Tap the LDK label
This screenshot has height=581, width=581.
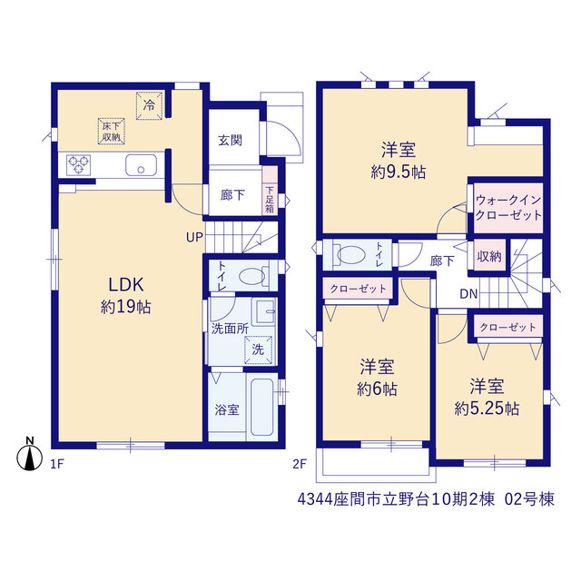pyautogui.click(x=126, y=285)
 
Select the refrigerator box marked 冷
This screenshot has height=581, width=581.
pyautogui.click(x=149, y=106)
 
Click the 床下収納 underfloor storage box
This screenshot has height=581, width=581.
pyautogui.click(x=111, y=131)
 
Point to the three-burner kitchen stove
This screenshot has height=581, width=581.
pyautogui.click(x=79, y=165)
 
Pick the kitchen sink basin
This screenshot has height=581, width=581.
pyautogui.click(x=141, y=165)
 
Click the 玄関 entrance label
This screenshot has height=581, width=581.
pyautogui.click(x=230, y=141)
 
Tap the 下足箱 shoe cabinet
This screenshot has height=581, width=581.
pyautogui.click(x=270, y=194)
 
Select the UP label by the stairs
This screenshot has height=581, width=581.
pyautogui.click(x=194, y=237)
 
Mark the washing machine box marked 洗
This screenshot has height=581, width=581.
pyautogui.click(x=258, y=350)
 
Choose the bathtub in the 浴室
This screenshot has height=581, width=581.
pyautogui.click(x=262, y=407)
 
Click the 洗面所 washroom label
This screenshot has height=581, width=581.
pyautogui.click(x=230, y=329)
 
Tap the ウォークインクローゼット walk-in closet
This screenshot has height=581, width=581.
pyautogui.click(x=508, y=208)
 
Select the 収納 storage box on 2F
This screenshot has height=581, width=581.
pyautogui.click(x=489, y=256)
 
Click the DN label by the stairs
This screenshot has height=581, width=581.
pyautogui.click(x=468, y=294)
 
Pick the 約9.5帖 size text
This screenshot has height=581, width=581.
pyautogui.click(x=399, y=172)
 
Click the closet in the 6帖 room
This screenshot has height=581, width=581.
pyautogui.click(x=358, y=289)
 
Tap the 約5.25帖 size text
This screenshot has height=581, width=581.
pyautogui.click(x=487, y=409)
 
